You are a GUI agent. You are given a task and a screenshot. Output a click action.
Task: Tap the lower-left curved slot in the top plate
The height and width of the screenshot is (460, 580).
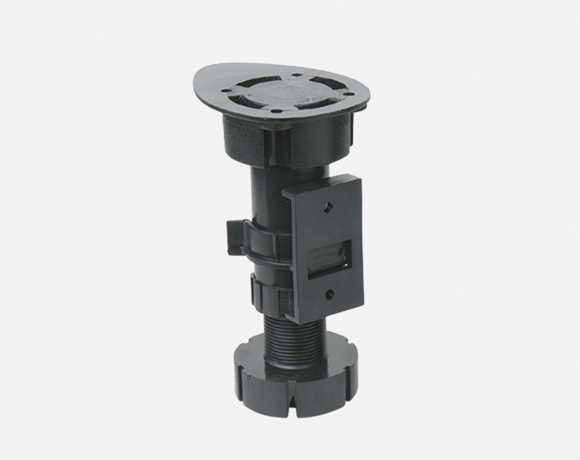245,101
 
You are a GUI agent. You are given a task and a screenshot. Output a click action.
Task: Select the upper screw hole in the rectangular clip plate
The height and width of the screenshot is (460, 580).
329,208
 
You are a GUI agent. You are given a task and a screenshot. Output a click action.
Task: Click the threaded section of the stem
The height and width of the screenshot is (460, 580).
288,339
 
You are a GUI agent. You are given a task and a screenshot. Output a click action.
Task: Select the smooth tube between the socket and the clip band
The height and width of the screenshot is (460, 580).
271,193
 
